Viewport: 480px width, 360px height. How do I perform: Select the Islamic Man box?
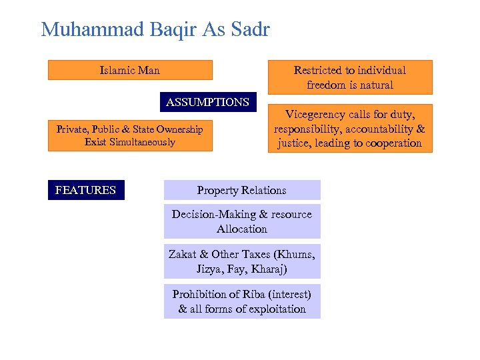click(x=130, y=70)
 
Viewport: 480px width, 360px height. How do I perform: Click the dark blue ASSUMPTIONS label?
click(x=207, y=102)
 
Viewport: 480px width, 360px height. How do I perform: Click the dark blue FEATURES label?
click(x=85, y=190)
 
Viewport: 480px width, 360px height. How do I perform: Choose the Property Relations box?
click(x=241, y=190)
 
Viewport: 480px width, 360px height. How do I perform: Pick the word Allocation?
click(x=241, y=229)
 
